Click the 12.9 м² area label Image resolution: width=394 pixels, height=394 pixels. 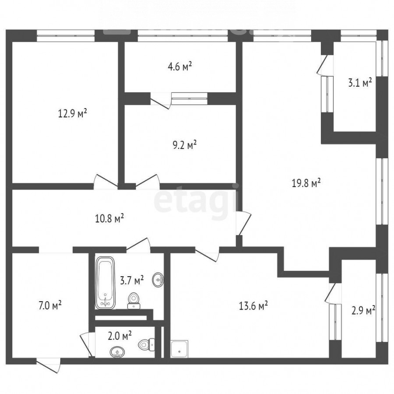pos(73,113)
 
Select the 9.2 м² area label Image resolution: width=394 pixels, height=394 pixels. pos(184,145)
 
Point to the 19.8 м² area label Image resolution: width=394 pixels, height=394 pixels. pos(306,183)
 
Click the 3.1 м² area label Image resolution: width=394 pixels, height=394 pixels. pos(360,82)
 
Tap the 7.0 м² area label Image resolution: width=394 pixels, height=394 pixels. pos(50,306)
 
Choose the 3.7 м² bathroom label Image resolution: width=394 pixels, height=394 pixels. pos(132,280)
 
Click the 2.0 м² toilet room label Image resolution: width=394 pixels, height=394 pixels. pos(120,336)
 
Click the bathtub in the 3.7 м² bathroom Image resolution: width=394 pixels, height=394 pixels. pos(105,283)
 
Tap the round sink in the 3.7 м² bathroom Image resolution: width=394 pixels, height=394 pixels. pos(158,279)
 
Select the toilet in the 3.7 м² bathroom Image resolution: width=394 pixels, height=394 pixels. pos(134,300)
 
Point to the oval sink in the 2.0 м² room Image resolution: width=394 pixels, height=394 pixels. pos(117,352)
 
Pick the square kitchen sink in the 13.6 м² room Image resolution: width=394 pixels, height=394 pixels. pos(179,349)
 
